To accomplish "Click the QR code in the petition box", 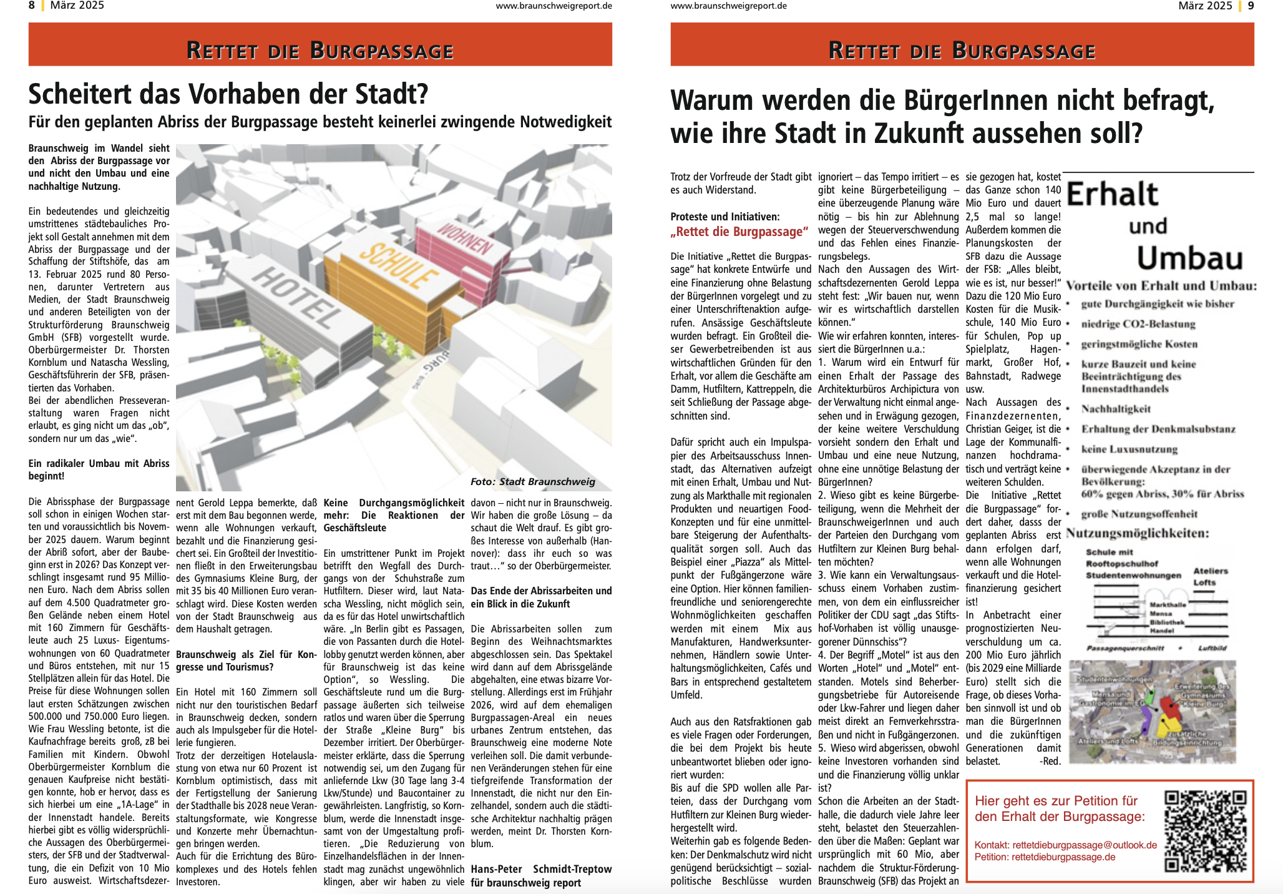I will coord(1205,831).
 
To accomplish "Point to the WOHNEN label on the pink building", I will coord(465,239).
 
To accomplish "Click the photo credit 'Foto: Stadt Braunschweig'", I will coord(533,481).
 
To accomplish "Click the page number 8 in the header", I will coord(32,6).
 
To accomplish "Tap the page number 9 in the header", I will coord(1251,6).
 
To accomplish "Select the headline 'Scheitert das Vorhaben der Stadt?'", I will coord(228,94).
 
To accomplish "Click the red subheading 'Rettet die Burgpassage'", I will coord(739,232).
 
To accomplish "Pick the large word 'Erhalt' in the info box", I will coord(1113,194).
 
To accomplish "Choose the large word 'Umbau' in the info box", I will coord(1189,257).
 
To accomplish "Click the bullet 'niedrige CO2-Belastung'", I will coord(1138,324).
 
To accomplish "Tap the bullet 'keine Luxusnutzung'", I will coord(1129,449).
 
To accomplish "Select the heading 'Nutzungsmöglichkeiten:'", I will coord(1137,533).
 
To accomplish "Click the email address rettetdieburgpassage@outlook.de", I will coord(1085,845).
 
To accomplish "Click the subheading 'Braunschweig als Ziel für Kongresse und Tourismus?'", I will coord(246,661).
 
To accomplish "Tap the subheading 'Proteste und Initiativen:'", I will coord(724,217).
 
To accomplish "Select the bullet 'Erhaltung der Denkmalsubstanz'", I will coord(1158,429).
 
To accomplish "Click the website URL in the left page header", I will coord(554,6).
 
